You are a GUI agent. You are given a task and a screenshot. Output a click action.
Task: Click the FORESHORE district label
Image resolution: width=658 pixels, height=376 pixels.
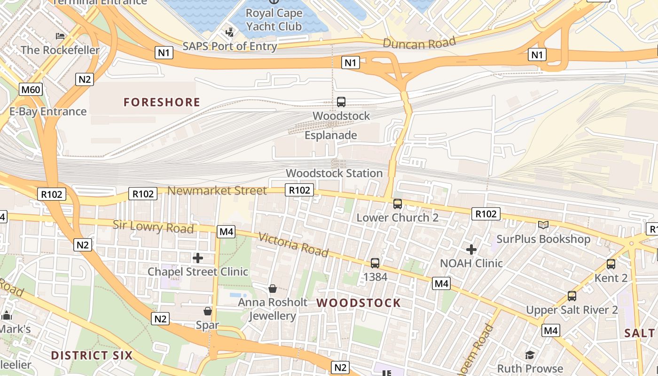pyautogui.click(x=162, y=102)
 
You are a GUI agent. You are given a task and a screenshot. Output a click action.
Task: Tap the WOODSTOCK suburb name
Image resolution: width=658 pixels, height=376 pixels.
pyautogui.click(x=359, y=303)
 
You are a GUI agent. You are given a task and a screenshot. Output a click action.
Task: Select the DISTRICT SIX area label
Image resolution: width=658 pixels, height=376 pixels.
pyautogui.click(x=92, y=355)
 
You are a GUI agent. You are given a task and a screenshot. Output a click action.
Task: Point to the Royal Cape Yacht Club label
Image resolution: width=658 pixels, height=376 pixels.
pyautogui.click(x=274, y=20)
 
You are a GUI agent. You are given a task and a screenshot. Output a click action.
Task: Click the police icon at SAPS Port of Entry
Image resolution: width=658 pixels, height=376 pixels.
pyautogui.click(x=229, y=32)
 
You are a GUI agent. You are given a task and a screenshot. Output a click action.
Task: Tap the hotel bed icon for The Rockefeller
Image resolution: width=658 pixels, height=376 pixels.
pyautogui.click(x=60, y=36)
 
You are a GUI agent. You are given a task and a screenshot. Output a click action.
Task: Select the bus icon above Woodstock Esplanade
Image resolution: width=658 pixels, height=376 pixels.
pyautogui.click(x=341, y=102)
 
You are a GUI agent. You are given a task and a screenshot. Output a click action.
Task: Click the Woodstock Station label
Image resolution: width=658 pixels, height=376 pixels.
pyautogui.click(x=334, y=173)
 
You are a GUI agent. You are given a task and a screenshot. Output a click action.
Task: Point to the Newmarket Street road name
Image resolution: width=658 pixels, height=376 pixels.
pyautogui.click(x=217, y=190)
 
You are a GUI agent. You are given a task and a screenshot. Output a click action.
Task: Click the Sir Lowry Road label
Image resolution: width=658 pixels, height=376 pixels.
pyautogui.click(x=153, y=227)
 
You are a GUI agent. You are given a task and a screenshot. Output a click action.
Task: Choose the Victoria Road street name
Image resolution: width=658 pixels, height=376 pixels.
pyautogui.click(x=293, y=245)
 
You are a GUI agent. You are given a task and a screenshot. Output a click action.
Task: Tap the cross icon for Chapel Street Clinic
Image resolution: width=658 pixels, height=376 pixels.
pyautogui.click(x=198, y=258)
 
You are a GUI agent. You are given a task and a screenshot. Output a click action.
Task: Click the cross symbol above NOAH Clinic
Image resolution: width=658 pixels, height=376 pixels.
pyautogui.click(x=471, y=249)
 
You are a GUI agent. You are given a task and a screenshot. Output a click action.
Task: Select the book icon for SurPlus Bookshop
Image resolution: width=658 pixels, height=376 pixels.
pyautogui.click(x=543, y=225)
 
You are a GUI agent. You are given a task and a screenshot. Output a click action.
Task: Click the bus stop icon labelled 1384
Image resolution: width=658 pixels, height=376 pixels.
pyautogui.click(x=375, y=263)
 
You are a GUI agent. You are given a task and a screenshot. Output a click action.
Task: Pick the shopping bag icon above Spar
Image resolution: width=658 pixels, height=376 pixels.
pyautogui.click(x=207, y=311)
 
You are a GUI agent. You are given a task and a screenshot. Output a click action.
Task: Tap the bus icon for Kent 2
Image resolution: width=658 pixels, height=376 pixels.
pyautogui.click(x=611, y=264)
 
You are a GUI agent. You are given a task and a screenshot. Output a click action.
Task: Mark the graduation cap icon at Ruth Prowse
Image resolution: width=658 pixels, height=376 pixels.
pyautogui.click(x=530, y=354)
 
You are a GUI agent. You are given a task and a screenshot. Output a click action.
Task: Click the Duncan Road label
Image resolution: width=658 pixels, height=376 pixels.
pyautogui.click(x=419, y=43)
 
